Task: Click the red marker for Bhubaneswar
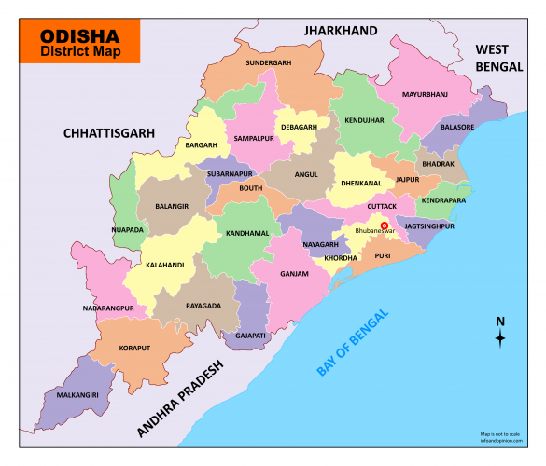[384, 226]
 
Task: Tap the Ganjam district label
[294, 274]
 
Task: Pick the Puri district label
[383, 254]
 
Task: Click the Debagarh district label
[299, 128]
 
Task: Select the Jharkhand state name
[340, 31]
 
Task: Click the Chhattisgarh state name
[108, 133]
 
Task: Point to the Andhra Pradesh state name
[182, 398]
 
